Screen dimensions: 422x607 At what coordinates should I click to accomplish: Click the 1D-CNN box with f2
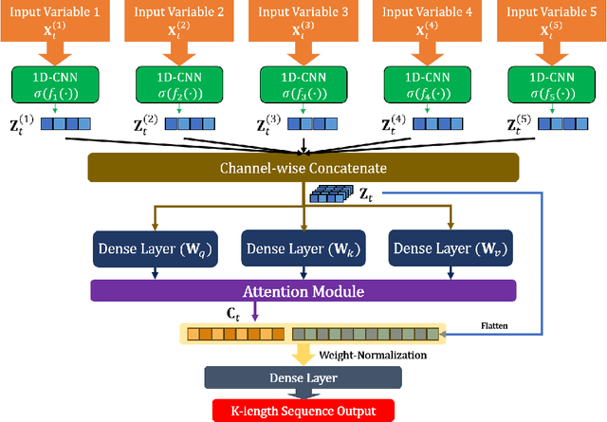click(179, 84)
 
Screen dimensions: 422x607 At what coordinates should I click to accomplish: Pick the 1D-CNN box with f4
click(428, 84)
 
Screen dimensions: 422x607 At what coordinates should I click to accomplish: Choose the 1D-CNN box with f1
click(55, 84)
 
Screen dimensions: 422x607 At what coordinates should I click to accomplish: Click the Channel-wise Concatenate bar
click(304, 168)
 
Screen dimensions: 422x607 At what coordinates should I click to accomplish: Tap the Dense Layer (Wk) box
click(303, 249)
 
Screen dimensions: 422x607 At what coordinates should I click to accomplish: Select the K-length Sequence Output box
click(303, 411)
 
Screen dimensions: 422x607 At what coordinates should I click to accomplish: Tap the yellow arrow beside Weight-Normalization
click(303, 355)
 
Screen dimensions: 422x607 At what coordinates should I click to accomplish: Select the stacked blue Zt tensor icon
click(327, 195)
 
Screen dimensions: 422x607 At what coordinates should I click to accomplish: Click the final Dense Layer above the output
click(303, 377)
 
